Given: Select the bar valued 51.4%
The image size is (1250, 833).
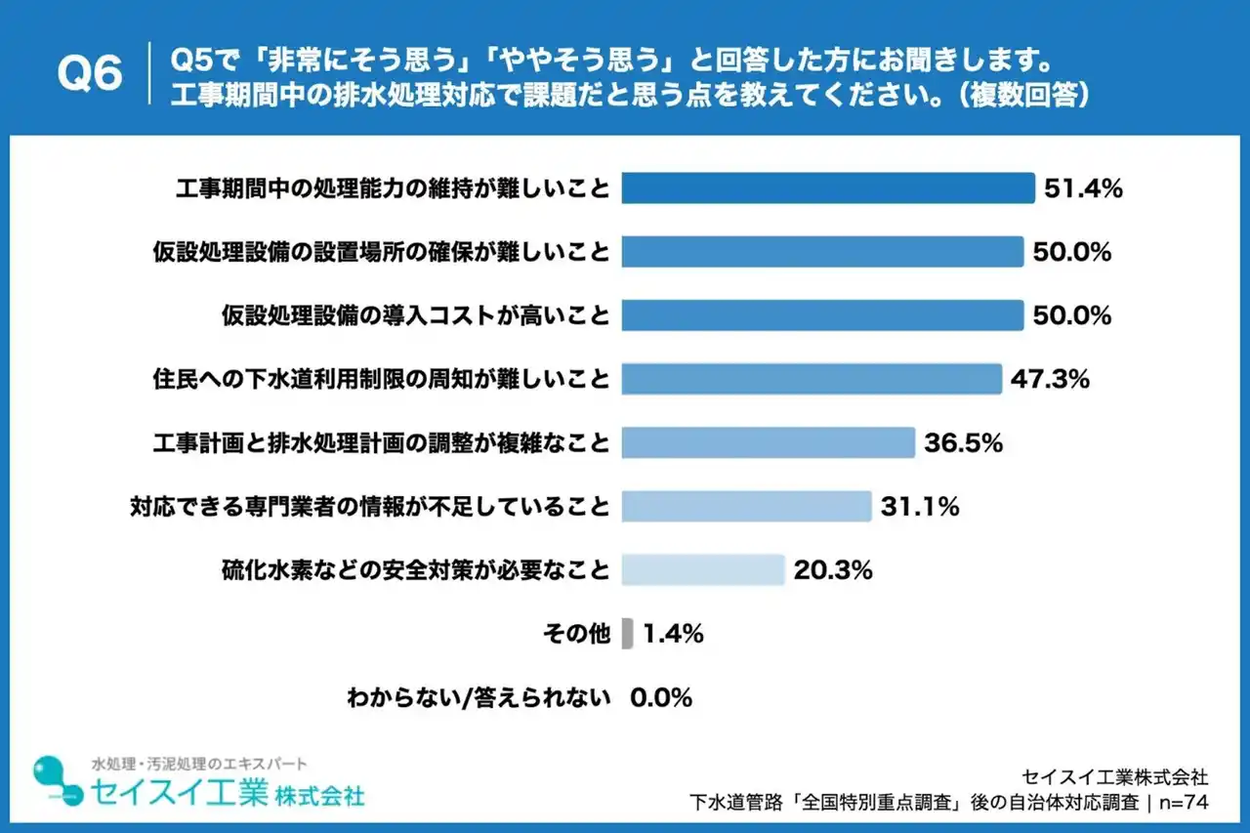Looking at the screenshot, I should (827, 188).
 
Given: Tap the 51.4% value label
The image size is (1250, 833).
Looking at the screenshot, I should (1083, 189).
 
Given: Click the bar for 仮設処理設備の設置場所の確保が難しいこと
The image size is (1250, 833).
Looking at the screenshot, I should (821, 252).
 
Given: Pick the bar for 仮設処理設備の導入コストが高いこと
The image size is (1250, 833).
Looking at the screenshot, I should (821, 315).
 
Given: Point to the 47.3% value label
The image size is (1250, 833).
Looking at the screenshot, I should (1051, 379).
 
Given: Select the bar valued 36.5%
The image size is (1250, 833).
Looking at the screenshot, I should (768, 442).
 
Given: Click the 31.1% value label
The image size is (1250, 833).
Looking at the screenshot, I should (920, 507).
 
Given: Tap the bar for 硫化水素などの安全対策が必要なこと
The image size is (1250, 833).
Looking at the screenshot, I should (702, 569).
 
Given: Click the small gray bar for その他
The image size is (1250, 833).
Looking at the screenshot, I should (627, 633).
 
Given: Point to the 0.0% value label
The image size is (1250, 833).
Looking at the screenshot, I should (661, 697).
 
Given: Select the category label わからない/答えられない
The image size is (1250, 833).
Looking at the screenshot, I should (479, 697).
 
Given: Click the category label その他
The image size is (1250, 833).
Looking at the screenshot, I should (576, 634).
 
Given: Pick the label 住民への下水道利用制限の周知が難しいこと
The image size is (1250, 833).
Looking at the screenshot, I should (382, 379).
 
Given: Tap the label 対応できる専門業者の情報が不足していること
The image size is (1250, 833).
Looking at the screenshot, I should (370, 507).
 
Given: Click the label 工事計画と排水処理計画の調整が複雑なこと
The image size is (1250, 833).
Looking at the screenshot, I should (382, 442).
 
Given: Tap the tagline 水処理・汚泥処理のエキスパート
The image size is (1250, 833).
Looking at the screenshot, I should (198, 763).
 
